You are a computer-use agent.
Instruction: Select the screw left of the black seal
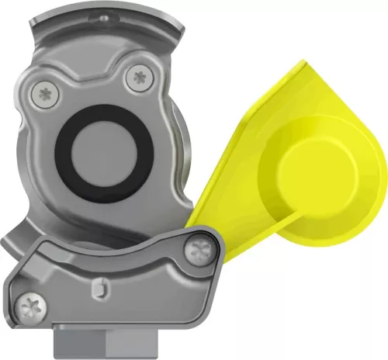tap(42, 95)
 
